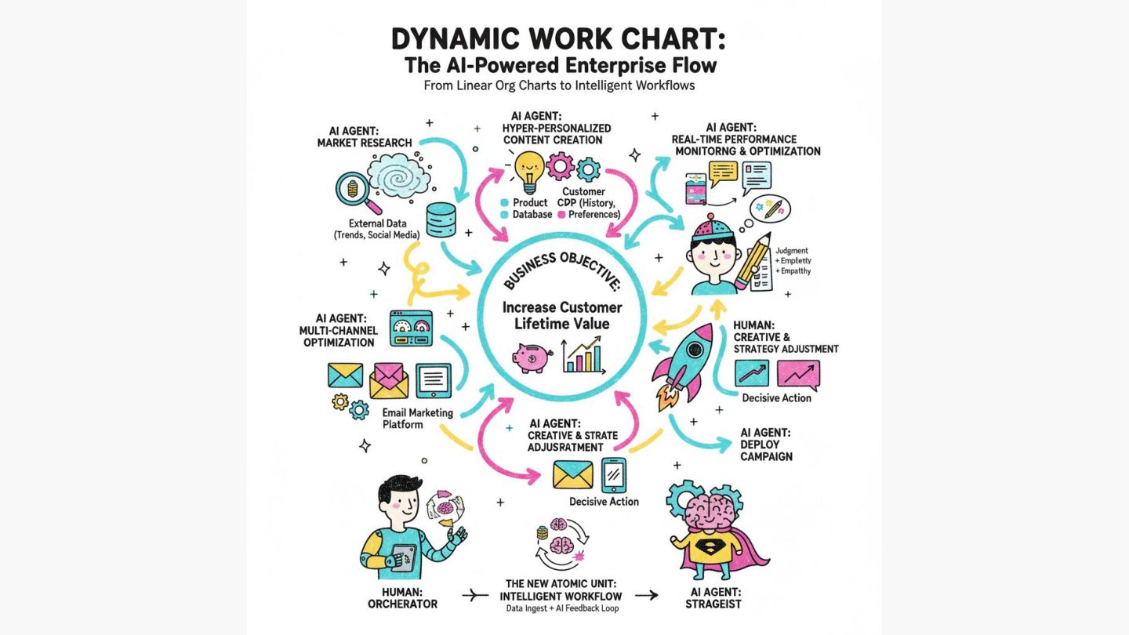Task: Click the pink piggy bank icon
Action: click(x=532, y=357)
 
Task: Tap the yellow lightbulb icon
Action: click(x=529, y=170)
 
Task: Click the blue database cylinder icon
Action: click(x=440, y=220)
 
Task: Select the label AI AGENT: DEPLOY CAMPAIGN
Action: click(x=765, y=444)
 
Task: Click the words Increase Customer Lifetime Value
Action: click(x=562, y=315)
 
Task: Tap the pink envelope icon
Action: click(x=389, y=380)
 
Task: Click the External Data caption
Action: click(x=377, y=229)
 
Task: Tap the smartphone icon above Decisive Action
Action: click(x=613, y=475)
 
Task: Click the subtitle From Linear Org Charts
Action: click(x=559, y=85)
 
